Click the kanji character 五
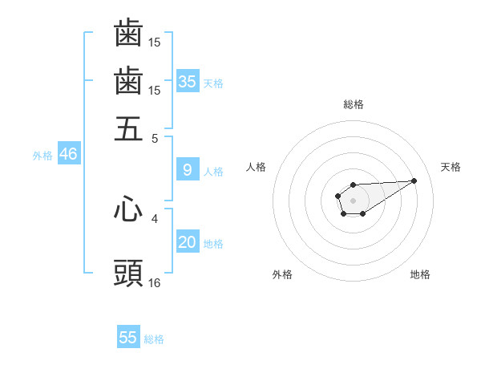[x=128, y=128]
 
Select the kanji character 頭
[x=128, y=274]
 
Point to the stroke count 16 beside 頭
[x=155, y=282]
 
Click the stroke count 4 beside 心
[x=155, y=217]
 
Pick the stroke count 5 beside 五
[x=155, y=137]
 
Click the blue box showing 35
[x=188, y=81]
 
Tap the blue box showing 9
[x=188, y=170]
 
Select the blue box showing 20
[x=188, y=242]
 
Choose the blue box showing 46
[x=68, y=154]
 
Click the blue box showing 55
[x=128, y=338]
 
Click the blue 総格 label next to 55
[x=154, y=339]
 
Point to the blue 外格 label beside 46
[x=42, y=156]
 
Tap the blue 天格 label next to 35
[x=213, y=83]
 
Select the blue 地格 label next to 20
[x=213, y=244]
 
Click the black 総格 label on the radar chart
[x=353, y=104]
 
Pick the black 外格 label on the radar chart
[x=282, y=274]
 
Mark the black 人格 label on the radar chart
[x=257, y=167]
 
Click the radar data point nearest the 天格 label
[x=414, y=180]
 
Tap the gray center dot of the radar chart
[x=353, y=200]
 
